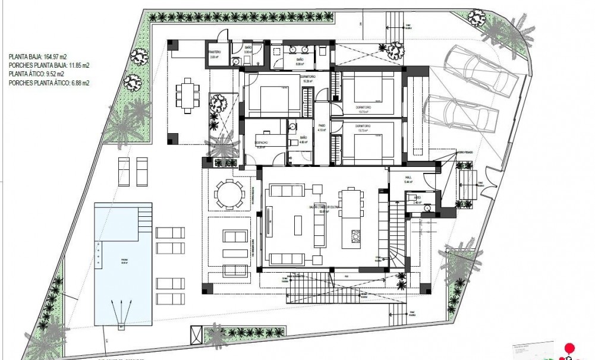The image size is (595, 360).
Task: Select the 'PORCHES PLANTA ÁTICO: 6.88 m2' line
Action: [49, 83]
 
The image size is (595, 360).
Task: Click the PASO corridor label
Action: [322, 127]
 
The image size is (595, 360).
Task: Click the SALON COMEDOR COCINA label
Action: [320, 207]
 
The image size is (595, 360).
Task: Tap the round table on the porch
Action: [229, 194]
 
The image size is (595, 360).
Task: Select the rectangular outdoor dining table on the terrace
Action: [187, 94]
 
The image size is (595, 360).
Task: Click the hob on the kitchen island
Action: [356, 236]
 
